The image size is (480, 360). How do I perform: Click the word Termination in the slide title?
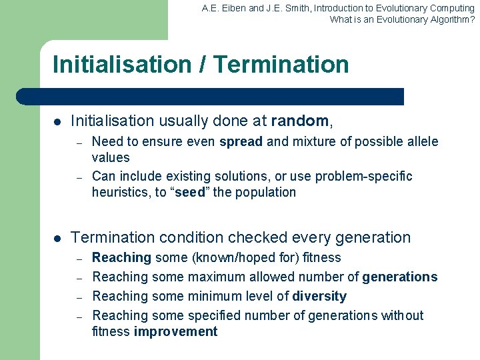[282, 65]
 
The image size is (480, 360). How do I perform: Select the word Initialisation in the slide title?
[121, 65]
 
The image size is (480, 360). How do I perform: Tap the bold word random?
[300, 121]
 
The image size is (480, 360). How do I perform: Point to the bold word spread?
[241, 141]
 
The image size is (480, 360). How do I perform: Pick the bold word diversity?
[319, 296]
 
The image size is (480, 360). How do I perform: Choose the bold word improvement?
[175, 332]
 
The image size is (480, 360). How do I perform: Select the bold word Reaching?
[121, 257]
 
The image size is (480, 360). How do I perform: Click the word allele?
[421, 141]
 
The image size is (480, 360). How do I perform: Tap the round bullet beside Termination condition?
[57, 238]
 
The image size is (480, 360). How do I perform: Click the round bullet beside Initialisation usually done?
[57, 122]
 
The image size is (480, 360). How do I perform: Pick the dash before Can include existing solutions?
[78, 177]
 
